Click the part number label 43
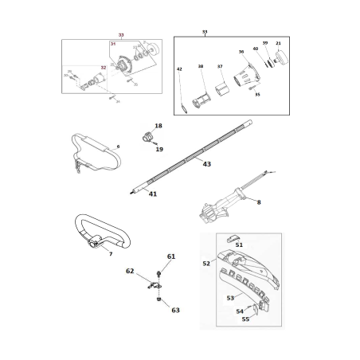click(207, 164)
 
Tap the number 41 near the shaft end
click(152, 194)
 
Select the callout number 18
click(158, 127)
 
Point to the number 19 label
click(159, 149)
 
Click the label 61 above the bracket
click(170, 256)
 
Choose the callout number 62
click(131, 272)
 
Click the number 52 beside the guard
click(206, 264)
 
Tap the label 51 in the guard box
click(239, 245)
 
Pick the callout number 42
click(180, 70)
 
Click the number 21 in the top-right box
click(278, 43)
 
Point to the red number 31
click(113, 45)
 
